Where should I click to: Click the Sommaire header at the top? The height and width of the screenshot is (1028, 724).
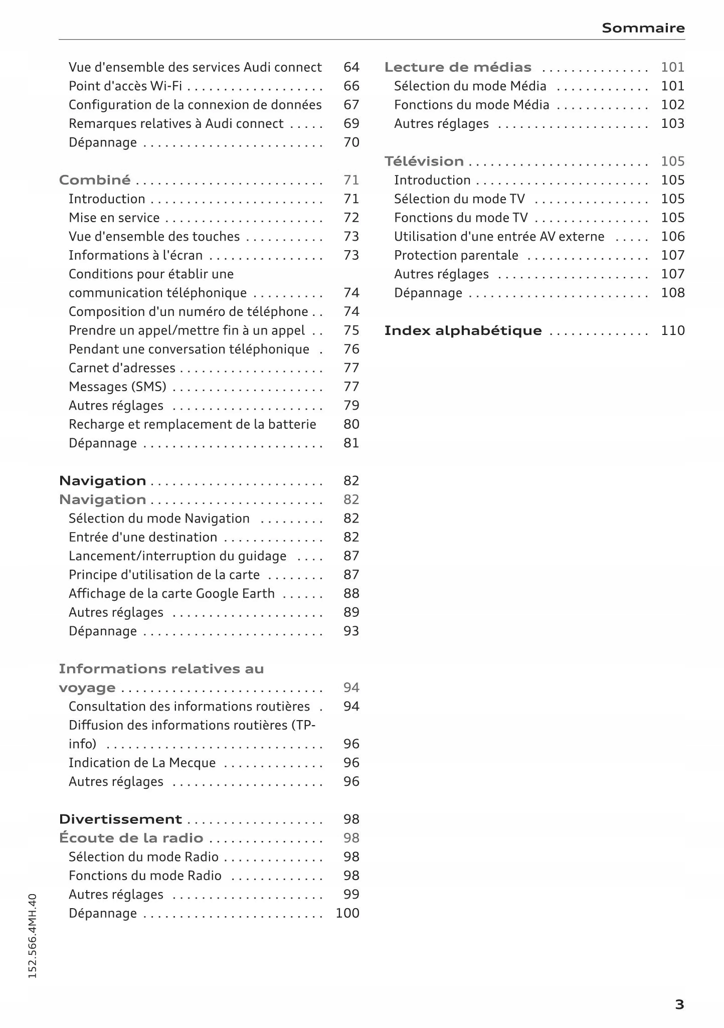(643, 28)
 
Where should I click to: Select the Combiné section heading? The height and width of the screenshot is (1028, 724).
(95, 180)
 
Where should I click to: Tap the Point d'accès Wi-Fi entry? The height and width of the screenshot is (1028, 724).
(125, 86)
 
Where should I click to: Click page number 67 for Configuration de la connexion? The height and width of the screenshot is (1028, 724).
(351, 105)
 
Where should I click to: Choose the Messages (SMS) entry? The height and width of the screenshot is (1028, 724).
(117, 387)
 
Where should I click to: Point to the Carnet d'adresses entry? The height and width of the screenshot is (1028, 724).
(122, 368)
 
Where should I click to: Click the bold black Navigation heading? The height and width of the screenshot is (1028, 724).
(103, 481)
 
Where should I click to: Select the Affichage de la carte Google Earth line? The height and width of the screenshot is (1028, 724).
(171, 594)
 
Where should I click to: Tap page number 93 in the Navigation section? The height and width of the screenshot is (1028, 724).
(351, 631)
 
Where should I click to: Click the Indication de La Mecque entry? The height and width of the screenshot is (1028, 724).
(142, 763)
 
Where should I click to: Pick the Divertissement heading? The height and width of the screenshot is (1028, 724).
(120, 819)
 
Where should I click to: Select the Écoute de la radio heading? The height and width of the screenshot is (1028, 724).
(131, 838)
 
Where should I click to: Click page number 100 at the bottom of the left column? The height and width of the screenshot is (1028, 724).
(347, 913)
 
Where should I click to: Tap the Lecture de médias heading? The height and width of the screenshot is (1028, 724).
(458, 67)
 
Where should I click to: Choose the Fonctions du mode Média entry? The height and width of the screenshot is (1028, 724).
(471, 105)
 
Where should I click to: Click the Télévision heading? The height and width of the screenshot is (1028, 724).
(424, 161)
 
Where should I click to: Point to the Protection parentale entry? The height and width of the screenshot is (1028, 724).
(456, 255)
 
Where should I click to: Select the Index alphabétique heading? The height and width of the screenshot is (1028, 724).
(463, 331)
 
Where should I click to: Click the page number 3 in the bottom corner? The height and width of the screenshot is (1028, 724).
(679, 1004)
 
